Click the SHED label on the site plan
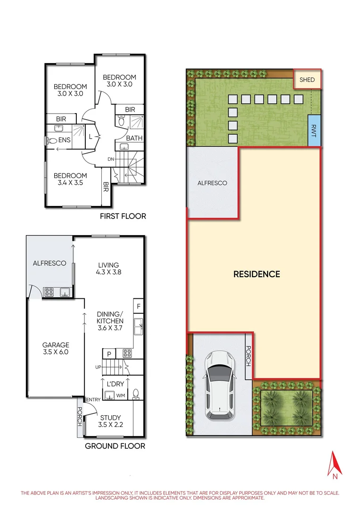[x=307, y=80]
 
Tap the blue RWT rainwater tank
[x=314, y=130]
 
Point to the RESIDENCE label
[x=257, y=274]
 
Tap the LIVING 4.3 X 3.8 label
[x=108, y=268]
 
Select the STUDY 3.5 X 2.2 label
[x=110, y=421]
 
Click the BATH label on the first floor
[x=134, y=139]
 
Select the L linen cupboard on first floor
[x=90, y=137]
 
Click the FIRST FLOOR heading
[x=123, y=216]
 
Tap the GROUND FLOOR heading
[x=115, y=446]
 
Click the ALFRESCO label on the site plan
[x=212, y=183]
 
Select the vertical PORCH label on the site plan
[x=248, y=357]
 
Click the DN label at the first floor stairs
[x=111, y=159]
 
